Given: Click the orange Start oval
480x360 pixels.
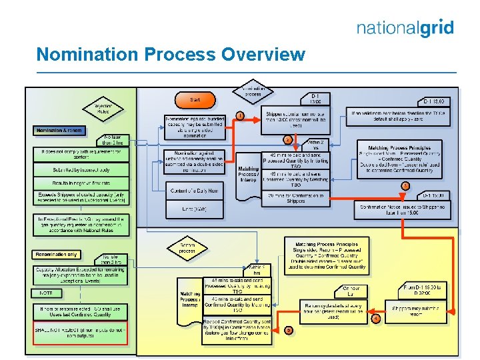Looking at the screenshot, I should (x=194, y=100).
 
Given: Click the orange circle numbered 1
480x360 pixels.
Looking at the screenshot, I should (x=239, y=116).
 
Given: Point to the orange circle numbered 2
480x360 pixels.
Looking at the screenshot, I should (x=287, y=140).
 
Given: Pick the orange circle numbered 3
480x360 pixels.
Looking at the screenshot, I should (x=405, y=185).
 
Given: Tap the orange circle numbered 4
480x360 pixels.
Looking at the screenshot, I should (x=376, y=319).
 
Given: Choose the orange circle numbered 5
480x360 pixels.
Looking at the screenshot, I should (x=288, y=329).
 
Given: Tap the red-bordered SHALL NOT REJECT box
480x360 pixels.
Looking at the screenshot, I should (x=80, y=331).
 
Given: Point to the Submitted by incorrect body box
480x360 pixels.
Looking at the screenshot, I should (x=80, y=170).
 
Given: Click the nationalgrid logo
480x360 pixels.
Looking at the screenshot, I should (x=405, y=28).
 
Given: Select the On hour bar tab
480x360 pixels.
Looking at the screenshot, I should (x=351, y=291).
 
